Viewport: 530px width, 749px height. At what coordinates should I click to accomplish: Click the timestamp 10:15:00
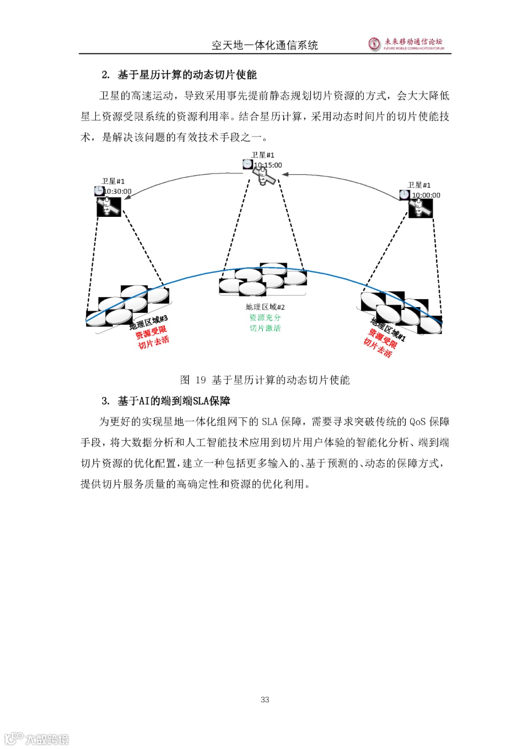[268, 165]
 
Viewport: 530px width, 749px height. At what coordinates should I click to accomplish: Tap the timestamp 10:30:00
[118, 191]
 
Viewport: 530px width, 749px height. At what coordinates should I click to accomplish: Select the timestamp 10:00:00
[426, 195]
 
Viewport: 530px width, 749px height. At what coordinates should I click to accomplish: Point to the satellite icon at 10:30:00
[108, 207]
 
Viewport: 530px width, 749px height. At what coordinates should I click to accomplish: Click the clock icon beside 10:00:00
[404, 194]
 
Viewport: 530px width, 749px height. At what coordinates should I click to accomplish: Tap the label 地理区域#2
[265, 307]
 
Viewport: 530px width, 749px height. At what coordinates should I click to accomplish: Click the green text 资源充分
[265, 318]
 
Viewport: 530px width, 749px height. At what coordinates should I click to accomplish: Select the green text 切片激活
[265, 328]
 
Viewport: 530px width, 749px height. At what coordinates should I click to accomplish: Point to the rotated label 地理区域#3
[148, 322]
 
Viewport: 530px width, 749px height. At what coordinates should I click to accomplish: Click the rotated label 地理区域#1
[388, 330]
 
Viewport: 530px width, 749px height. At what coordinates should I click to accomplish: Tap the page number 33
[265, 699]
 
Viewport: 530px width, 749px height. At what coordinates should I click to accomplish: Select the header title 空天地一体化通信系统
[265, 45]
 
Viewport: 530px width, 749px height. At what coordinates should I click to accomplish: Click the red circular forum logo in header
[374, 44]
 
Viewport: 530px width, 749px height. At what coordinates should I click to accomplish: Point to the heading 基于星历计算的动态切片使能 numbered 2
[186, 75]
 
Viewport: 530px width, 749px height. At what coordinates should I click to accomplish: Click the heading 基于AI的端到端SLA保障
[173, 401]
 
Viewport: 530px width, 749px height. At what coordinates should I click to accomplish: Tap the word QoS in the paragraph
[418, 422]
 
